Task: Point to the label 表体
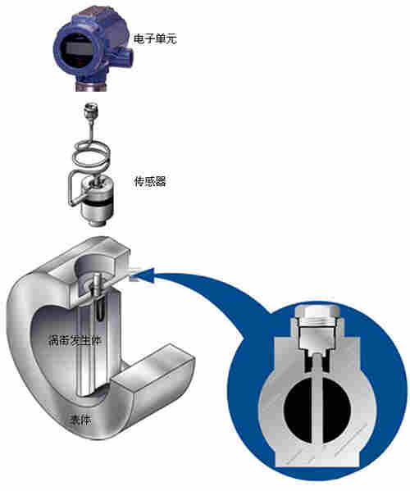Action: (80, 420)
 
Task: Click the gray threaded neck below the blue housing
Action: (92, 84)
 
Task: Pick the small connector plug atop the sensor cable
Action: (93, 111)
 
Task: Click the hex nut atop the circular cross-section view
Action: (317, 316)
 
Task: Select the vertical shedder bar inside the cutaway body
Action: (90, 352)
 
